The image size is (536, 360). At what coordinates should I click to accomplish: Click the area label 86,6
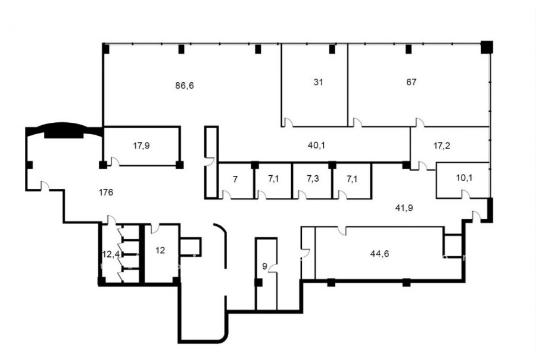(185, 85)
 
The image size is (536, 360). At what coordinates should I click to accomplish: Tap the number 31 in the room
(318, 82)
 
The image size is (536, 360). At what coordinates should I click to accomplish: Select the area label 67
(411, 82)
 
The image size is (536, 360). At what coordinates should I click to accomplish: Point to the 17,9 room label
(141, 146)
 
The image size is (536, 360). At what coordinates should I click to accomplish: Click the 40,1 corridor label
(317, 145)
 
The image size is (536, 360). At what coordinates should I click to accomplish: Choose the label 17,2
(442, 146)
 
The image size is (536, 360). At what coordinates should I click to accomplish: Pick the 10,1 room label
(464, 178)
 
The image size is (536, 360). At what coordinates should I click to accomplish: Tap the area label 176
(106, 193)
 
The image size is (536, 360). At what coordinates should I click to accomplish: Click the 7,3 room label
(313, 179)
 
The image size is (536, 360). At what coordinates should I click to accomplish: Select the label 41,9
(404, 208)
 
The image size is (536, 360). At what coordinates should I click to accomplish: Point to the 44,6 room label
(379, 253)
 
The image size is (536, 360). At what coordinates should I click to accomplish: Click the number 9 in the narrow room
(264, 266)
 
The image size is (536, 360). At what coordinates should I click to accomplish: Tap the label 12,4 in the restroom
(111, 255)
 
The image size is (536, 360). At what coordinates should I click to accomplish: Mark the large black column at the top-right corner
(487, 47)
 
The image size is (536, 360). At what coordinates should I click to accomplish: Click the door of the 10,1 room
(465, 194)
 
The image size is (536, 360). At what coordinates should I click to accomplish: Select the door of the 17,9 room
(115, 162)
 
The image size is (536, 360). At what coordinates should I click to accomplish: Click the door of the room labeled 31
(288, 123)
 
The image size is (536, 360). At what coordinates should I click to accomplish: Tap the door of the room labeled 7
(226, 195)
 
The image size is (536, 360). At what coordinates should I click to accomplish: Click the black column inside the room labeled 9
(259, 283)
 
